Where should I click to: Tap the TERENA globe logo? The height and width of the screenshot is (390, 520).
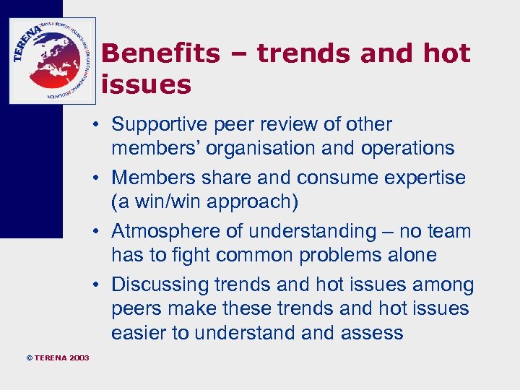click(x=52, y=60)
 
